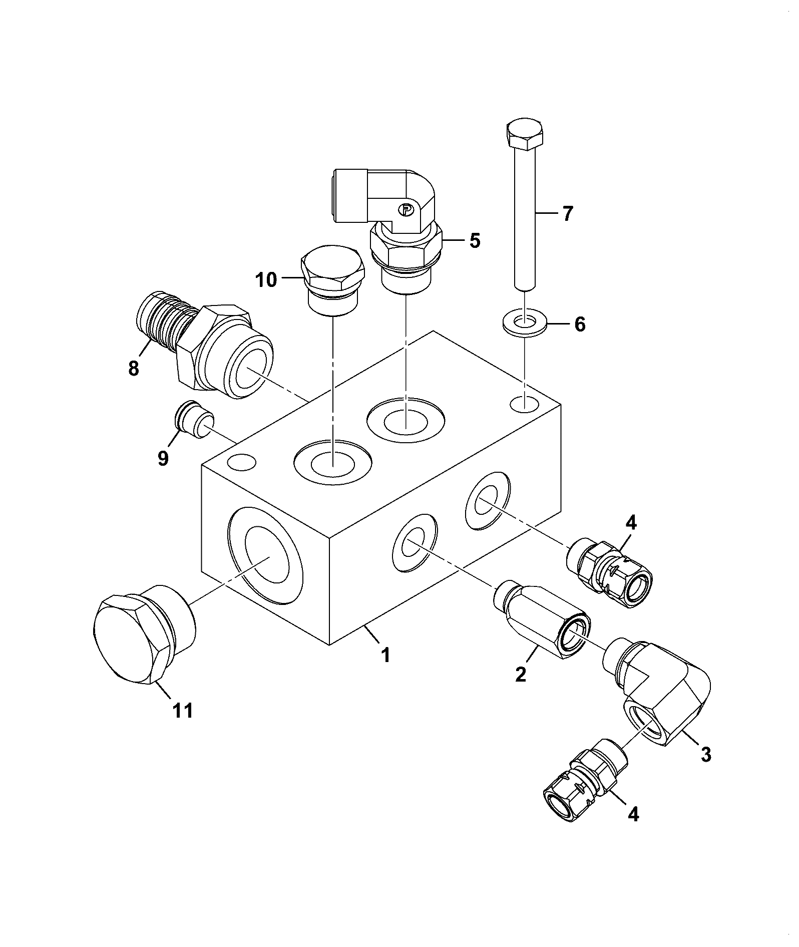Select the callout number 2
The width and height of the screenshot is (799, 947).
(x=521, y=675)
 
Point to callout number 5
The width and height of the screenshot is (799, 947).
(x=475, y=241)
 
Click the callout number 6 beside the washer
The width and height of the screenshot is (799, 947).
(x=579, y=325)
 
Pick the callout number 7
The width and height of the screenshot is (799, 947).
(x=566, y=214)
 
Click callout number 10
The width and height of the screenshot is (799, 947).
(x=266, y=280)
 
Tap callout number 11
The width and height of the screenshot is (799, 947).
(x=183, y=711)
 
